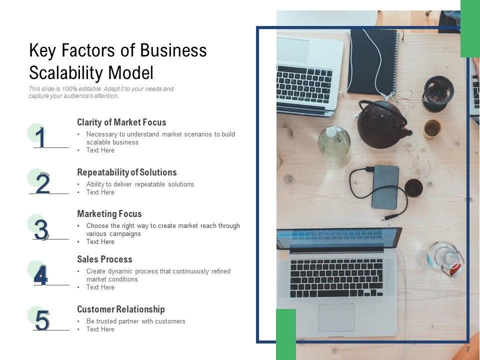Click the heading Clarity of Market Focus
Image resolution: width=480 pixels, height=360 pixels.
coord(121,122)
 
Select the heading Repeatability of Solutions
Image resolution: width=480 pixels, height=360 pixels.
coord(126,172)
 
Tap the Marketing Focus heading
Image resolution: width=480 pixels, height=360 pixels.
coord(109,213)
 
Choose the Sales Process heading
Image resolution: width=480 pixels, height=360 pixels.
coord(104,259)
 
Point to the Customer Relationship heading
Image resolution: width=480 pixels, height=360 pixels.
coord(121,309)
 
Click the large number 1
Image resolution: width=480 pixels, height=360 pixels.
coord(40,137)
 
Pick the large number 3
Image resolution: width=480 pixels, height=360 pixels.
coord(41,229)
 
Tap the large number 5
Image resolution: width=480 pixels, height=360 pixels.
coord(42,320)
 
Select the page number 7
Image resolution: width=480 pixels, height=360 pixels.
coord(467,350)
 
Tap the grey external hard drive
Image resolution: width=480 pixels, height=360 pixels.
coord(385,187)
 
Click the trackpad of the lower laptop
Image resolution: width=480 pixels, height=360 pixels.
coord(336,318)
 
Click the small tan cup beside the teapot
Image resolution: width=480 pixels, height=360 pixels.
coord(432,129)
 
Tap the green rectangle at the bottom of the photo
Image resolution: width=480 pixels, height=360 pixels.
coord(286,334)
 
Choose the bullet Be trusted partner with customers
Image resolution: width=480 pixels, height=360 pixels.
coord(135,321)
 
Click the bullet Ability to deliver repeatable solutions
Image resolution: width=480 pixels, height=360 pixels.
coord(140,184)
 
